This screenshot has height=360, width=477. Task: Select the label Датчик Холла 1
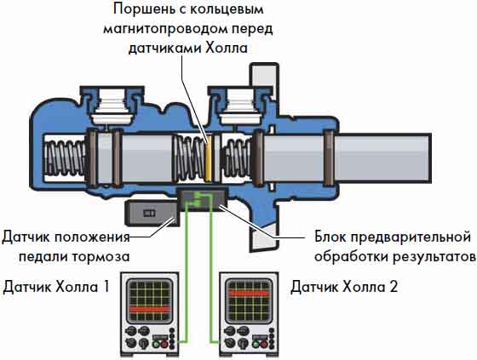click(56, 287)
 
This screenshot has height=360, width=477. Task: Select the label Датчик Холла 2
click(344, 287)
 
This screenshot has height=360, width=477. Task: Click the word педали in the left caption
click(43, 257)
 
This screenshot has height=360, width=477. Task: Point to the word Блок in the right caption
click(331, 237)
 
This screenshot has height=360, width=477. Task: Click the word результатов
click(434, 257)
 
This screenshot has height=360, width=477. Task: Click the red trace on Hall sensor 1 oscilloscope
click(149, 309)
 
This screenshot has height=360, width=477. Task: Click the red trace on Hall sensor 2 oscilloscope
click(249, 294)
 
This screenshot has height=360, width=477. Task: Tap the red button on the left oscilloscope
click(164, 345)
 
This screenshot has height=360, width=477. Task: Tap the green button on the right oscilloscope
click(256, 345)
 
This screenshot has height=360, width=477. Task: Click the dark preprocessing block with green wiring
click(202, 199)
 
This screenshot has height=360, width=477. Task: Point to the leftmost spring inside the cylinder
click(66, 158)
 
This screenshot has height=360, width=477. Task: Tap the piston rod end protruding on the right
click(382, 158)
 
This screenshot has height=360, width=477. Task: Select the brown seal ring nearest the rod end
click(328, 158)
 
